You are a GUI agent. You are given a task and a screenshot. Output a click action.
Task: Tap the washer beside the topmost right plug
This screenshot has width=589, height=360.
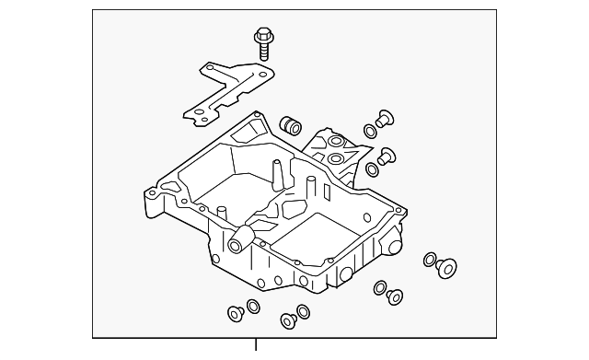(x=370, y=130)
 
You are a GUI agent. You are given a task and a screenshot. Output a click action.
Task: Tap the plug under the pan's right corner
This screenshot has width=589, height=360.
(x=396, y=296)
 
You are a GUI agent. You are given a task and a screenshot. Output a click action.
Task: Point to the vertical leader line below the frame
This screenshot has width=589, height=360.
(x=257, y=348)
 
